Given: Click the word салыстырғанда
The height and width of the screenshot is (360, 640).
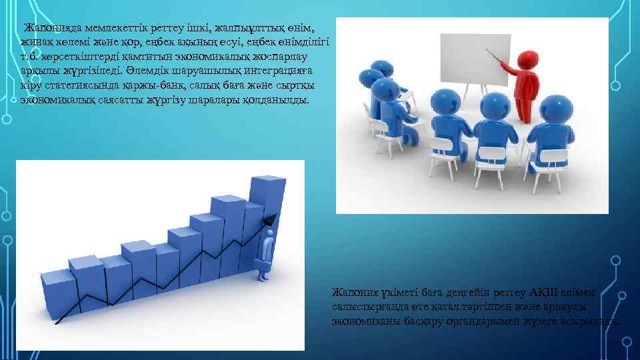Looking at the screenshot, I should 364,307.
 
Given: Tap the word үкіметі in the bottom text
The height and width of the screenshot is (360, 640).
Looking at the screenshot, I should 399,292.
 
